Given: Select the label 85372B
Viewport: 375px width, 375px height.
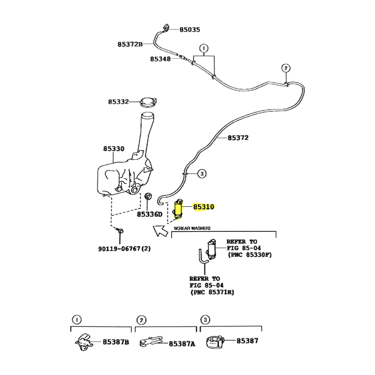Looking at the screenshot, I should (130, 44).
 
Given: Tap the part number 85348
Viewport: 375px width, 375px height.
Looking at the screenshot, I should (160, 59).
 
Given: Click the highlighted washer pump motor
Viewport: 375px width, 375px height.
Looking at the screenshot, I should (178, 208).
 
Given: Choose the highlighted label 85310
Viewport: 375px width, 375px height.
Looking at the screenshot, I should (203, 207).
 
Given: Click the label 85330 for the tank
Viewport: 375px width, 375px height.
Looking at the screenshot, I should (114, 149).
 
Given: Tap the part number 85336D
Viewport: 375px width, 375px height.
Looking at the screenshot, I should (150, 214).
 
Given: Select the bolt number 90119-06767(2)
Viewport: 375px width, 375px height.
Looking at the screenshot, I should (124, 249).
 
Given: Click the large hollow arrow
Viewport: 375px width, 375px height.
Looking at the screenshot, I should (160, 231).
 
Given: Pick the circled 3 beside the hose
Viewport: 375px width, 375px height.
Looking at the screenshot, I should (202, 173).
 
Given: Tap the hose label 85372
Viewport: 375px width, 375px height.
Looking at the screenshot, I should (238, 137).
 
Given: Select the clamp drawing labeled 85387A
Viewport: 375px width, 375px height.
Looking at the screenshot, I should (150, 342).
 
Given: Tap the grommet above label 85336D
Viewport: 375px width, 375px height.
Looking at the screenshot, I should (149, 197).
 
